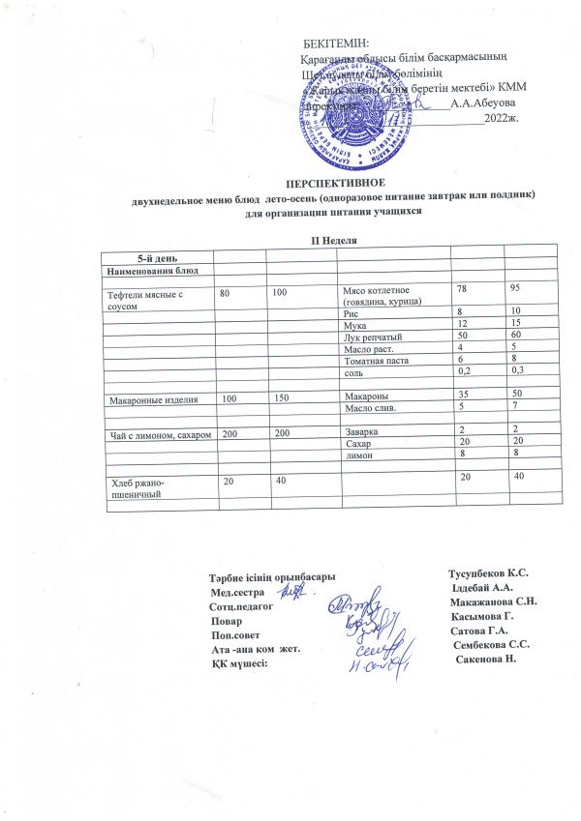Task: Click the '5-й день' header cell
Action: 156,257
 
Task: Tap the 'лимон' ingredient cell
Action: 359,454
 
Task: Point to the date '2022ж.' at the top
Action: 502,118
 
